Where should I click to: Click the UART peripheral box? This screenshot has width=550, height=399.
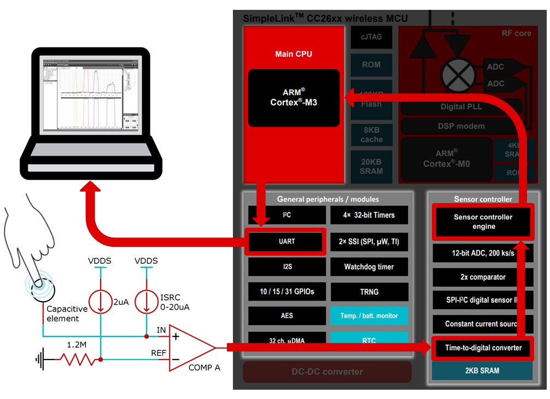click(286, 241)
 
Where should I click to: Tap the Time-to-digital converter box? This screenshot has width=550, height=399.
click(483, 348)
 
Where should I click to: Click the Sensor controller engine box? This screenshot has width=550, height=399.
click(483, 222)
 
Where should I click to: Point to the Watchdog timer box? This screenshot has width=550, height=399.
click(369, 267)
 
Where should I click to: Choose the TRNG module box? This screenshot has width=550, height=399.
click(369, 292)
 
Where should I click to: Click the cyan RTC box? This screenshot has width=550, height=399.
click(369, 340)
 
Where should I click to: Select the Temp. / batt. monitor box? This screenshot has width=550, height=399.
click(369, 316)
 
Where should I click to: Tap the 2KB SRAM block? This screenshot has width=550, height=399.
click(483, 371)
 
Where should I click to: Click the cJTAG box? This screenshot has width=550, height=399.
click(371, 37)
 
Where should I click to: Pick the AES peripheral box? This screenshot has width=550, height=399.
click(286, 316)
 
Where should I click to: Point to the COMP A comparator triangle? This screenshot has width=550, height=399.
click(189, 347)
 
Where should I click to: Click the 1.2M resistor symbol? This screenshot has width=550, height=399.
click(76, 360)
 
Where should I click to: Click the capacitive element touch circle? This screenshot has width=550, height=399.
click(40, 287)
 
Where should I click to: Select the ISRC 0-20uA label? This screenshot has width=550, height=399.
click(174, 302)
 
